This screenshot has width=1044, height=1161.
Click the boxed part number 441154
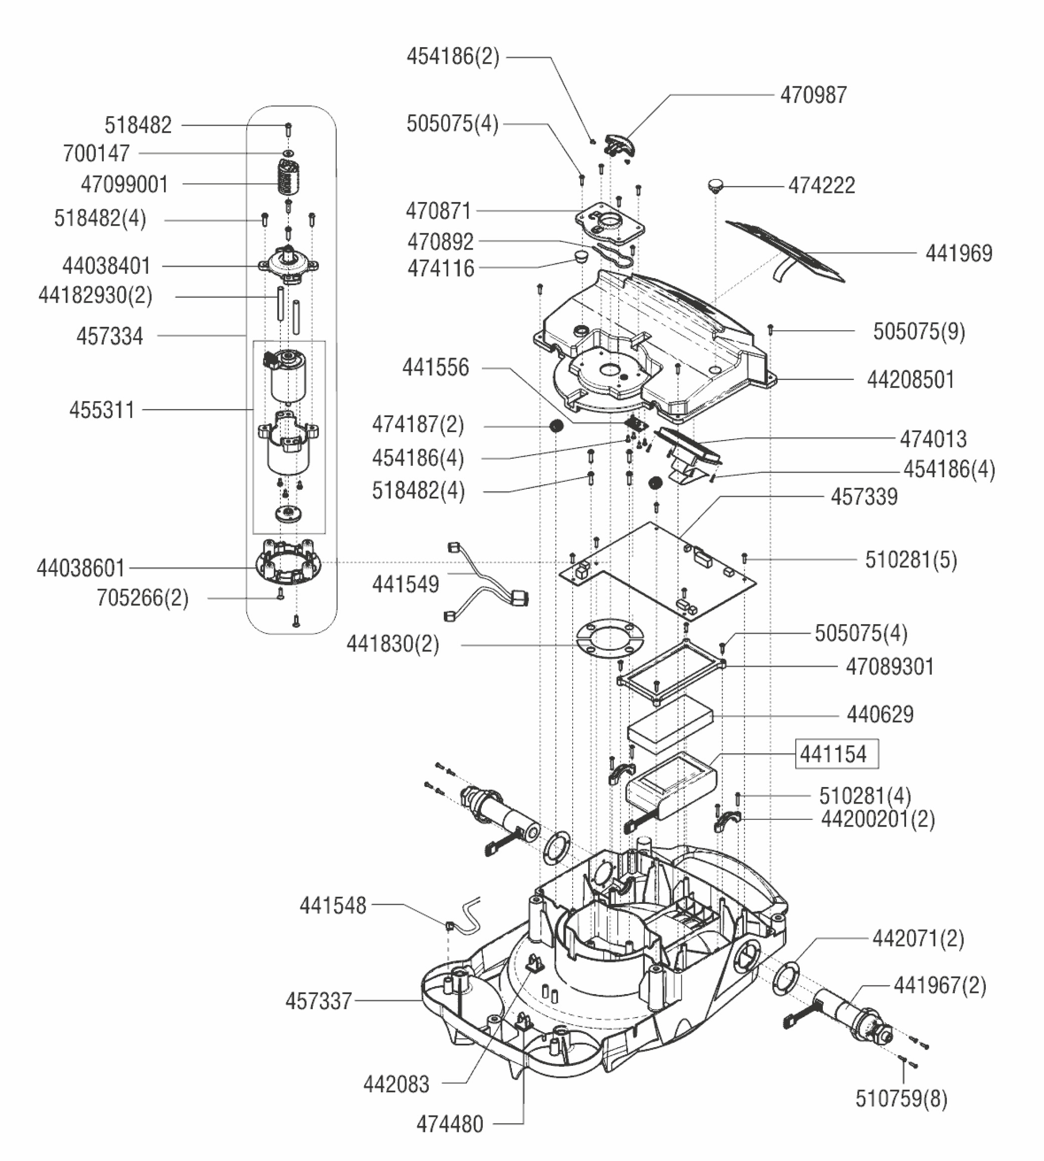pos(836,754)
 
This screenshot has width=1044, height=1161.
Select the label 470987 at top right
pos(813,95)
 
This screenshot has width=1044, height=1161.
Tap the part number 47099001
pos(124,184)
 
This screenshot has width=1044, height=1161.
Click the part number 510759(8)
pos(901,1099)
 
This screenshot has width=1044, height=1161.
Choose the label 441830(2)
pos(393,645)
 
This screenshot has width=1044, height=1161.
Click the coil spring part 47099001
pos(288,176)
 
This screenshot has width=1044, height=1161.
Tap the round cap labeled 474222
pos(715,184)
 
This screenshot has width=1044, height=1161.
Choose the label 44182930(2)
pos(95,296)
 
